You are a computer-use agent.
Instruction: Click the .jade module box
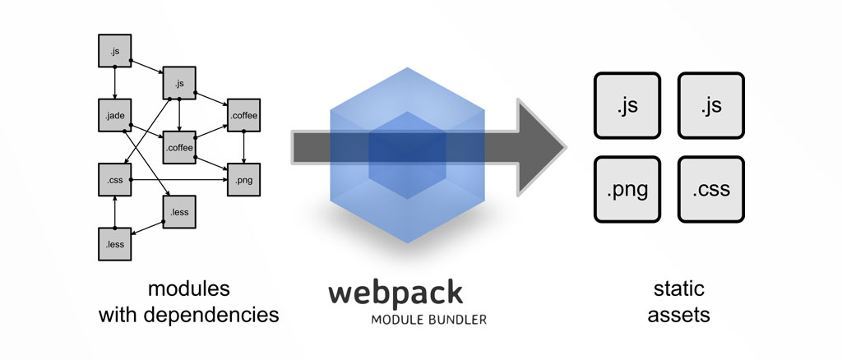coord(115,115)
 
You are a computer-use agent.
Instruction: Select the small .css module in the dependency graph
coord(115,180)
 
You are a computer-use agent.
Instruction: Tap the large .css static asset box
coord(711,189)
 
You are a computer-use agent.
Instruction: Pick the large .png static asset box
coord(627,189)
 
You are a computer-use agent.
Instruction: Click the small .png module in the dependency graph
coord(243,180)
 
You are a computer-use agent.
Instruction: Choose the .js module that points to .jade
coord(115,50)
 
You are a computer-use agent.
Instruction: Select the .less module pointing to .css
coord(115,244)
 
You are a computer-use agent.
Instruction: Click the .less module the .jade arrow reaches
coord(179,212)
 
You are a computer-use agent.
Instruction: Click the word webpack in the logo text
coord(396,293)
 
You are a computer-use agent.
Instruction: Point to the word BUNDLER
coord(457,320)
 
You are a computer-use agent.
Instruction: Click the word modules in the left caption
coord(189,289)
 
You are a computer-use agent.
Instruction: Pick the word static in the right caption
coord(678,289)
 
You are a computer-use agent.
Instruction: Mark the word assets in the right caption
coord(678,315)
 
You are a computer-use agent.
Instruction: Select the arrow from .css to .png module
coord(179,180)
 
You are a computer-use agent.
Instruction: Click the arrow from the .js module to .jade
coord(115,83)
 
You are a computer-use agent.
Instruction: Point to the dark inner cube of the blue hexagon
coord(407,155)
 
